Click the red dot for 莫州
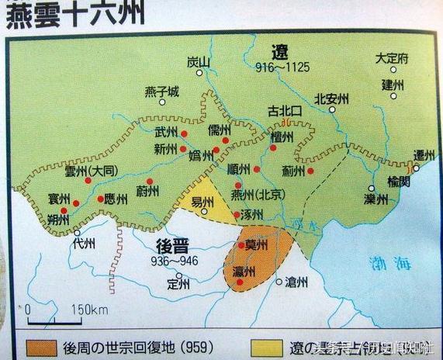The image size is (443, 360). point(242,245)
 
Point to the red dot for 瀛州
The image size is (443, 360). point(241,282)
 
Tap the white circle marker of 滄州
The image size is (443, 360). point(279,281)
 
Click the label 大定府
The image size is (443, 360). point(392,58)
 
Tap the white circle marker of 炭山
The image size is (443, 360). point(199,73)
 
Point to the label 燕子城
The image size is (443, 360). point(162,92)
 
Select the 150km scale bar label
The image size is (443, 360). point(88,310)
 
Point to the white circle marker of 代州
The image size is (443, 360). point(78,231)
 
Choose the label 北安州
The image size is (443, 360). point(332,99)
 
